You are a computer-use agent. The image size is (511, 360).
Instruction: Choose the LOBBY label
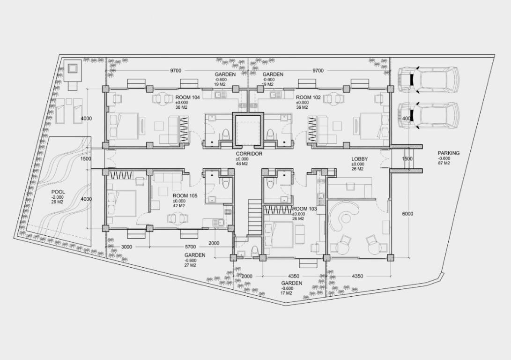pyautogui.click(x=359, y=159)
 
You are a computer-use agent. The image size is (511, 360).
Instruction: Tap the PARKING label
pyautogui.click(x=449, y=153)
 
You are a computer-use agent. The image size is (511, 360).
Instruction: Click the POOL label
pyautogui.click(x=58, y=192)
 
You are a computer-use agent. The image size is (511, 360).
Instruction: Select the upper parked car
pyautogui.click(x=428, y=80)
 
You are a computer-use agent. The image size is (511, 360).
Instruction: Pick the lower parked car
pyautogui.click(x=428, y=116)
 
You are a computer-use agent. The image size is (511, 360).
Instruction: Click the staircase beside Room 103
pyautogui.click(x=255, y=217)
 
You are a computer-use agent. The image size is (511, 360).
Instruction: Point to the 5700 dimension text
pyautogui.click(x=190, y=247)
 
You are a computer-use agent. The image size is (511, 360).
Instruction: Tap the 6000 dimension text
pyautogui.click(x=407, y=214)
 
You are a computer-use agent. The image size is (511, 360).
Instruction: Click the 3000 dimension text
pyautogui.click(x=126, y=247)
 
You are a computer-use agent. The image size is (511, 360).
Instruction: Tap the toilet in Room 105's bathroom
pyautogui.click(x=226, y=183)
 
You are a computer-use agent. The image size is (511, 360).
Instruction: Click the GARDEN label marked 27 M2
pyautogui.click(x=195, y=255)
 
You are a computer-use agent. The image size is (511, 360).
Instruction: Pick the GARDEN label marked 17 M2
pyautogui.click(x=292, y=284)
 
